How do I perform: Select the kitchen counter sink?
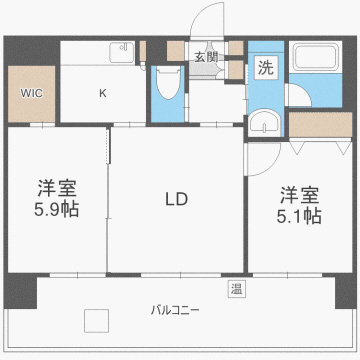point(122,47)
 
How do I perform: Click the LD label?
point(176,200)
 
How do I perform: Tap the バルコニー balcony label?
point(176,311)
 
